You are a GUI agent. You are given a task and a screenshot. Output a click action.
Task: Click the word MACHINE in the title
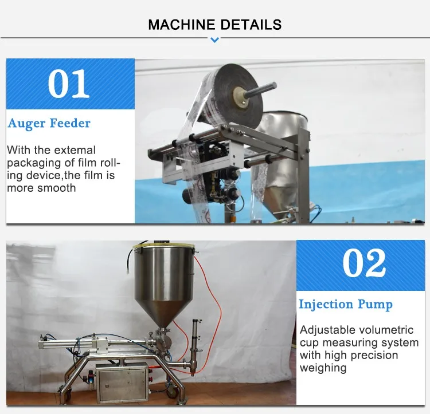coord(181,25)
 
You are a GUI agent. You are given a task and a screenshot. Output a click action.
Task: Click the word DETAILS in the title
coord(251,25)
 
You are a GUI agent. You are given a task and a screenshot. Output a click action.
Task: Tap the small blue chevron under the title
coord(215,40)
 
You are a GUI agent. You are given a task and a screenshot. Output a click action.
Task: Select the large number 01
coord(69,84)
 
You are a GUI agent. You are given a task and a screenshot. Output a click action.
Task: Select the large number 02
coord(364,263)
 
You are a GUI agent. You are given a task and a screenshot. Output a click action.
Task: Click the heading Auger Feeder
coord(49,124)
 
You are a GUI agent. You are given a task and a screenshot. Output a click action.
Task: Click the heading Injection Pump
coord(346,305)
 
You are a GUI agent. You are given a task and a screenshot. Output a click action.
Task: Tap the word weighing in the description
coord(323,368)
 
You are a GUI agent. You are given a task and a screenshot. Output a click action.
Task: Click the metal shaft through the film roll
coord(260,89)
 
